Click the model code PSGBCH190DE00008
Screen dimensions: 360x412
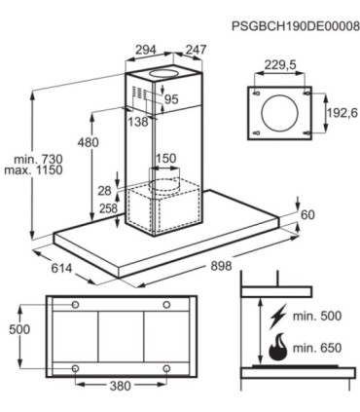pyautogui.click(x=296, y=26)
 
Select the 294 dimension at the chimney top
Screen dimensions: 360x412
pyautogui.click(x=146, y=50)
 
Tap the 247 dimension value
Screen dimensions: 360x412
pyautogui.click(x=196, y=50)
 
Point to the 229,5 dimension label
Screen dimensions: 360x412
pyautogui.click(x=280, y=65)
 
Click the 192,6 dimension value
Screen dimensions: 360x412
pyautogui.click(x=342, y=113)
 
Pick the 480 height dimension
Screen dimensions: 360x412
pyautogui.click(x=88, y=142)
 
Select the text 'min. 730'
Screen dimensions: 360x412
pyautogui.click(x=38, y=159)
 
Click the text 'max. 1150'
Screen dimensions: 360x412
pyautogui.click(x=33, y=170)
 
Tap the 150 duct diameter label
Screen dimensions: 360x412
pyautogui.click(x=166, y=159)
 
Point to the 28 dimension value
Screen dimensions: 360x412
pyautogui.click(x=104, y=191)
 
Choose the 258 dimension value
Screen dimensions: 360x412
pyautogui.click(x=107, y=208)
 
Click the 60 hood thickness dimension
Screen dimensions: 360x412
pyautogui.click(x=307, y=214)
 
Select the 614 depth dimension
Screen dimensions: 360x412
pyautogui.click(x=61, y=268)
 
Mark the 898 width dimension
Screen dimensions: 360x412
pyautogui.click(x=222, y=266)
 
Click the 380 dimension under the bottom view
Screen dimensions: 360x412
pyautogui.click(x=121, y=386)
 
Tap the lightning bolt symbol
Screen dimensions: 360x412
pyautogui.click(x=277, y=316)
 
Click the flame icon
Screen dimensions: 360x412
pyautogui.click(x=278, y=347)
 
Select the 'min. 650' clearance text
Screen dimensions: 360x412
pyautogui.click(x=317, y=348)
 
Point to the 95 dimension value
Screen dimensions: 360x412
pyautogui.click(x=171, y=99)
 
